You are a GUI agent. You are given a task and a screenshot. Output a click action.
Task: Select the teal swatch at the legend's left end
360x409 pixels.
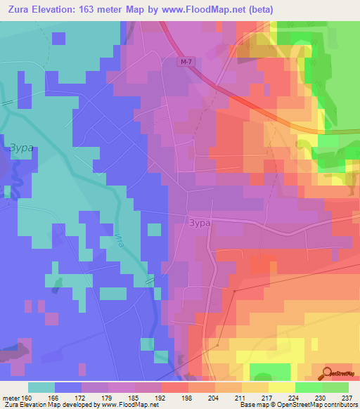pos(41,387)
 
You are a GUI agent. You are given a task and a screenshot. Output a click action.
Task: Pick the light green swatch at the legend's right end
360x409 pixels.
pos(335,387)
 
